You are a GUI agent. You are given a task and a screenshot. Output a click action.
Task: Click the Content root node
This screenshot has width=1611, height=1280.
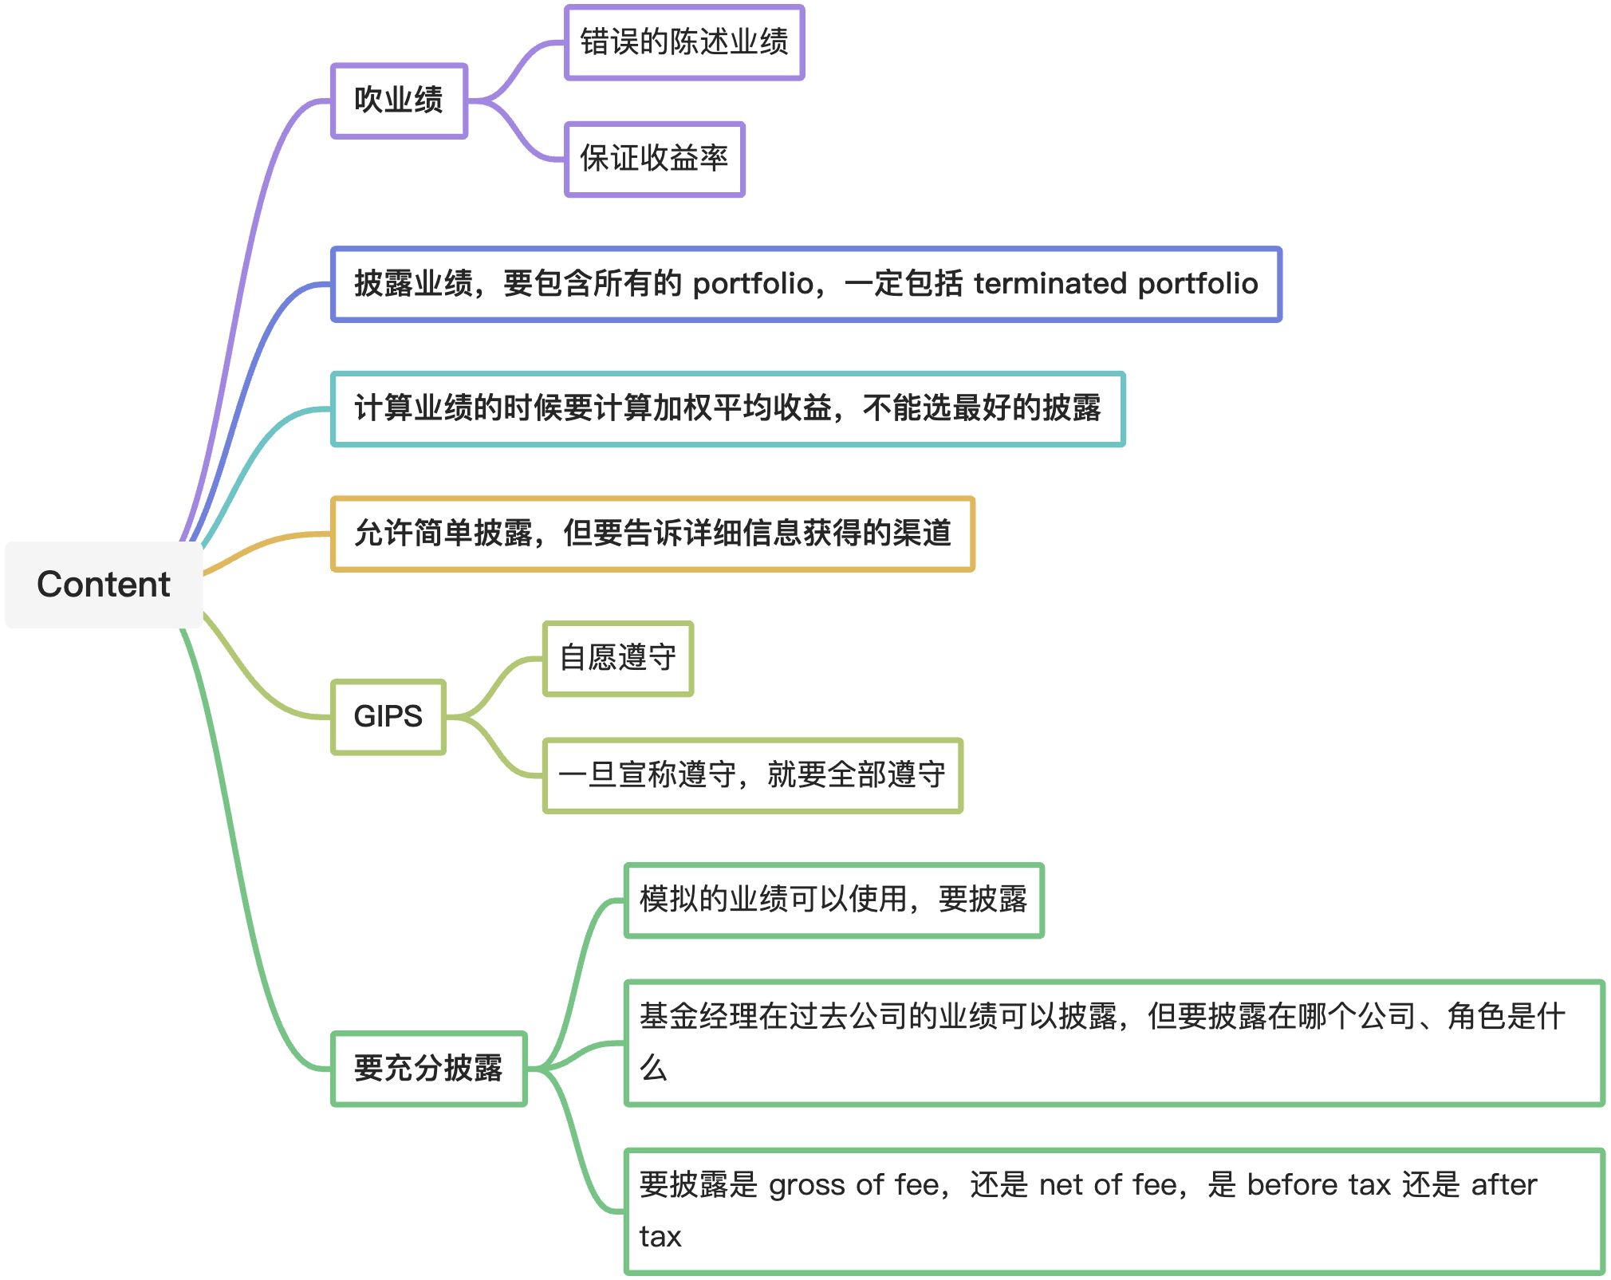pos(104,585)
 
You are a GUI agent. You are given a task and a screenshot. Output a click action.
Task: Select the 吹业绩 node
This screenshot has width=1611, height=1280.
pos(399,100)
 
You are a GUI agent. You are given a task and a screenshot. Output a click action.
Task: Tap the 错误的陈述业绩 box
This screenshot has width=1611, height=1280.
pos(684,42)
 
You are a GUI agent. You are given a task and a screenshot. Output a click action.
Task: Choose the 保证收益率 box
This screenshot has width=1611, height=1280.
pos(654,159)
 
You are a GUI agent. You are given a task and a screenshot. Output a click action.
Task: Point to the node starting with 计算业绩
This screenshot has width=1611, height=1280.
pos(727,408)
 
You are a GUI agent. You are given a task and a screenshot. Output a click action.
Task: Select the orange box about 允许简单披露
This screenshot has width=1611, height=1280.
pos(652,534)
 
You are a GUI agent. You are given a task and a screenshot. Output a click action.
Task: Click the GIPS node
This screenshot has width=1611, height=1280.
pos(388,717)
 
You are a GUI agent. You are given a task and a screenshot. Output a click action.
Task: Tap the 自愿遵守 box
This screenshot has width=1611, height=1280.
pos(618,659)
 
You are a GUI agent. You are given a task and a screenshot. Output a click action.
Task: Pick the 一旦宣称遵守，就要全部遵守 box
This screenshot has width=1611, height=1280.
pos(753,775)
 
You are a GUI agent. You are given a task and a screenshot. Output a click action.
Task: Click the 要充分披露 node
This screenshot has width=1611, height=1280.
pos(428,1069)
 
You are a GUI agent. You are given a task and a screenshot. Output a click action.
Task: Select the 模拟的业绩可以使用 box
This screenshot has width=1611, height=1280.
pos(833,900)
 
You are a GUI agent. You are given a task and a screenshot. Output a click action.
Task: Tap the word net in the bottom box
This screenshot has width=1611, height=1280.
pos(1060,1186)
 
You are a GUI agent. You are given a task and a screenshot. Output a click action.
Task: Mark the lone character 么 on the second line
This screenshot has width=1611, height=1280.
pos(653,1069)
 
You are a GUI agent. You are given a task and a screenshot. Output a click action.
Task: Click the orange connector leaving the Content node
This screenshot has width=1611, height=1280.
pos(263,545)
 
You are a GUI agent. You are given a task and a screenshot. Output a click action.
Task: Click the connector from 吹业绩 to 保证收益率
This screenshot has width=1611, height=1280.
pos(518,136)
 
